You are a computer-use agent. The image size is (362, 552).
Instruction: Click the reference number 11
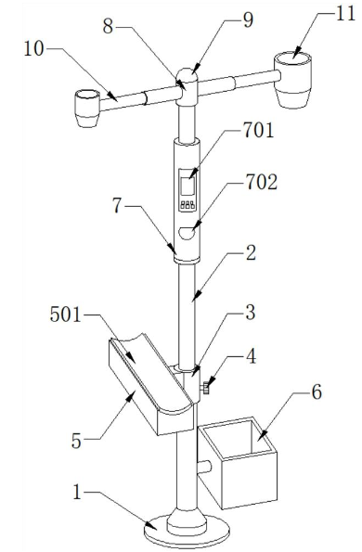(346, 15)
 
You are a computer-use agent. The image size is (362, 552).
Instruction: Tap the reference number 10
(33, 49)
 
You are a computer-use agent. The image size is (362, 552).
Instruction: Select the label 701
(258, 131)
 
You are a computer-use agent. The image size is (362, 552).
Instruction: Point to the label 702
(262, 183)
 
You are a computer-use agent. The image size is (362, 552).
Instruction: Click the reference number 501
(66, 315)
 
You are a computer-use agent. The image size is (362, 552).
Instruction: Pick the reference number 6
(317, 392)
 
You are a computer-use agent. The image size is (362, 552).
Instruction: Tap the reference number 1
(77, 492)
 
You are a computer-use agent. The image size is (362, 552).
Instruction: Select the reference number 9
(248, 21)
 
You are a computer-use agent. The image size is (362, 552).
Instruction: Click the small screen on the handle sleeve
(187, 186)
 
